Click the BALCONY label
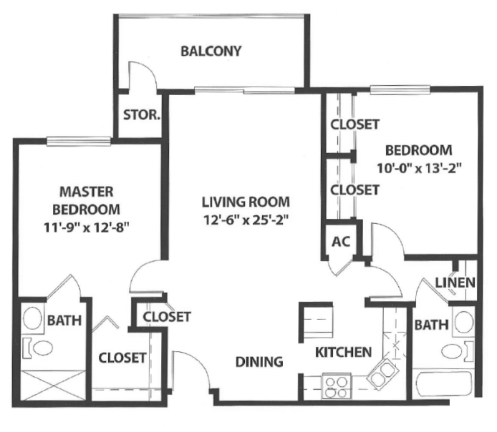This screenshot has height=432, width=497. tap(211, 51)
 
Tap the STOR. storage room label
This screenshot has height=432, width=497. tap(141, 114)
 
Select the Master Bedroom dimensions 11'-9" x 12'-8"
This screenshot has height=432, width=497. tap(87, 227)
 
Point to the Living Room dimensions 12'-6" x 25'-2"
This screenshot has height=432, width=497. tap(246, 220)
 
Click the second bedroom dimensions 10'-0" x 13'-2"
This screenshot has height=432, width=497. tap(419, 167)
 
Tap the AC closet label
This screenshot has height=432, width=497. tap(341, 242)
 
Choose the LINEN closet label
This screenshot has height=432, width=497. tap(455, 283)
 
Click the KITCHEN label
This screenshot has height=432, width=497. tap(343, 352)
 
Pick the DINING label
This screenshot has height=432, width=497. tap(259, 361)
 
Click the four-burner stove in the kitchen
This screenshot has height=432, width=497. tap(337, 386)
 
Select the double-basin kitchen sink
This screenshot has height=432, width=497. tap(382, 373)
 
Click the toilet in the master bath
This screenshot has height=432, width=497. tap(38, 348)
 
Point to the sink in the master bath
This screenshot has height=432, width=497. tap(33, 318)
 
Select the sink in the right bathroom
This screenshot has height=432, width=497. tap(463, 322)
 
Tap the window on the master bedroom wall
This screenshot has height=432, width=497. tap(79, 141)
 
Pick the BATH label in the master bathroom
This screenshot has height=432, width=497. tap(64, 320)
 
